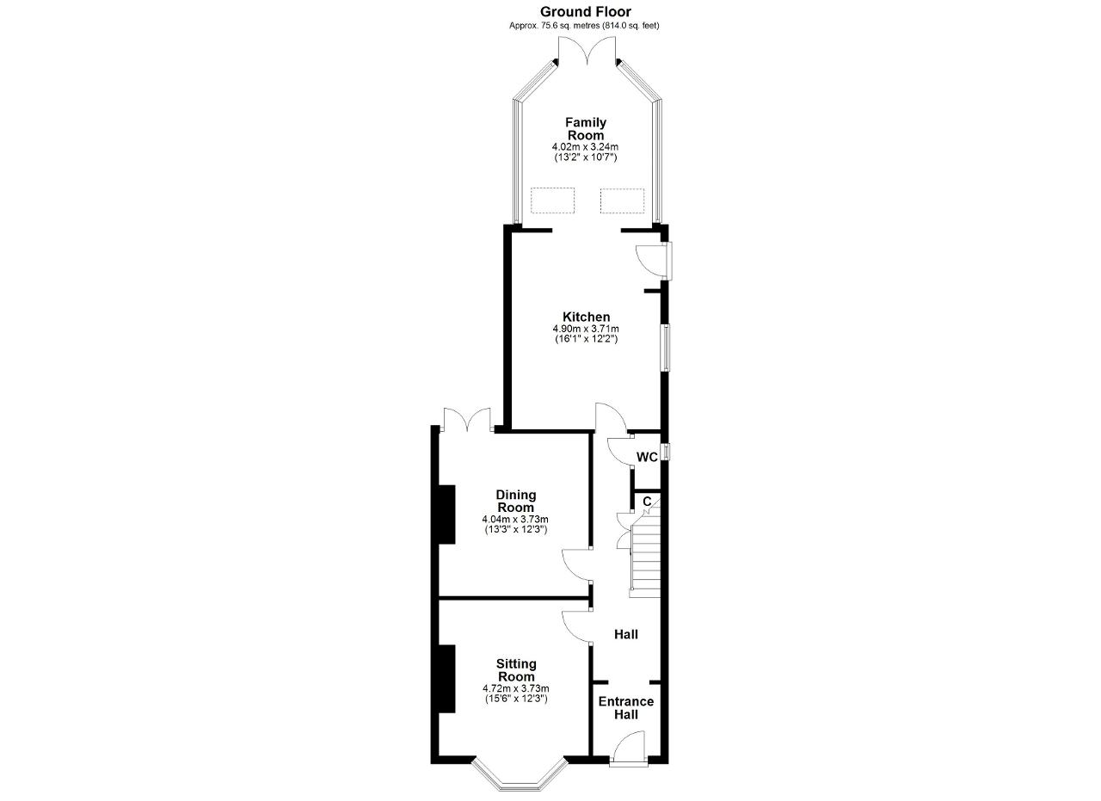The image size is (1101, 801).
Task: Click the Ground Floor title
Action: tap(586, 11)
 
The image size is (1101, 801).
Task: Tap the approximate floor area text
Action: tap(584, 26)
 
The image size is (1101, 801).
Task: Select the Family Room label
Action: tap(586, 128)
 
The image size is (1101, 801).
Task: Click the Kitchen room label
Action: tap(586, 317)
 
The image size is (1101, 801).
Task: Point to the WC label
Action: tap(647, 458)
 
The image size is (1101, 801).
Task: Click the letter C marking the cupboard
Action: tap(647, 501)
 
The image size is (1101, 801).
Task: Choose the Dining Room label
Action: tap(515, 501)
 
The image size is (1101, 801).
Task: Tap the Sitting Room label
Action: tap(516, 670)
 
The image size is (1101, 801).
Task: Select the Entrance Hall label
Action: tap(625, 708)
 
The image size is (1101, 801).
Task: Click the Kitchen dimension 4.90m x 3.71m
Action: tap(586, 329)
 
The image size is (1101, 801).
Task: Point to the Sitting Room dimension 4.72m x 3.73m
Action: tap(515, 688)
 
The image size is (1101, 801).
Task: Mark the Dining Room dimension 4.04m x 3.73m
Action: tap(515, 520)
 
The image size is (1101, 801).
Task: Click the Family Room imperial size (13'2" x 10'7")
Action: tap(585, 157)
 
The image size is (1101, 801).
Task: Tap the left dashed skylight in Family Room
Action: tap(552, 200)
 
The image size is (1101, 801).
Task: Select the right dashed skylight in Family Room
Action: tap(622, 200)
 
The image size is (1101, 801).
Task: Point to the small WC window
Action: tap(665, 452)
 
